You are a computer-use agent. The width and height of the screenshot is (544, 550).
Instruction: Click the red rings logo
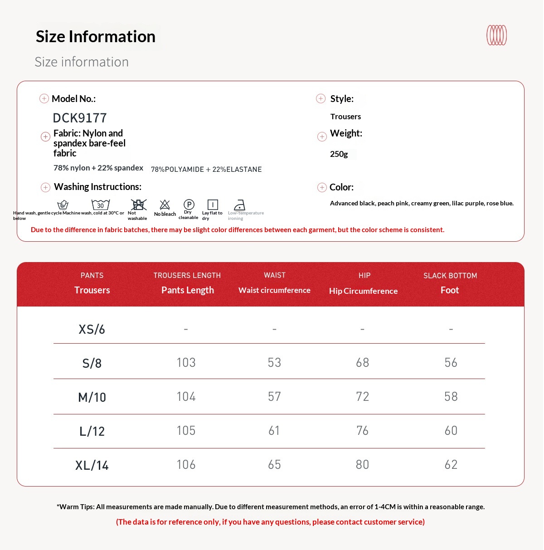click(496, 35)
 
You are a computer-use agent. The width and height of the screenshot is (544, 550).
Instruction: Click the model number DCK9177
click(80, 118)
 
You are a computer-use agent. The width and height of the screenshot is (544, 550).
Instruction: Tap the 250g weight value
click(339, 154)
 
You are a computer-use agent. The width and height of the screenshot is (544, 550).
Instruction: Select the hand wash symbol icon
click(63, 205)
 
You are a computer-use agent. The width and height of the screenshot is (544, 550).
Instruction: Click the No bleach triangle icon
click(165, 205)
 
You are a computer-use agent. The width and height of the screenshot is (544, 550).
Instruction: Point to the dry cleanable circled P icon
click(189, 204)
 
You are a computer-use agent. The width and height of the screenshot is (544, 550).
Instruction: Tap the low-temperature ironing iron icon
click(239, 205)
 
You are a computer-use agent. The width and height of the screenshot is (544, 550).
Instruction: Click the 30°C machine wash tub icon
click(101, 205)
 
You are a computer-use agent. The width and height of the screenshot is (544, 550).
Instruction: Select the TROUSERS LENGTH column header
click(187, 275)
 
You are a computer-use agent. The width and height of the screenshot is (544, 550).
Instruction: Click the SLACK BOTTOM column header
click(450, 276)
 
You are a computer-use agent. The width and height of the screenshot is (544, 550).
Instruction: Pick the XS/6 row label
click(92, 329)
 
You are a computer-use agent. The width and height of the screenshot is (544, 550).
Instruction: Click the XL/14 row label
click(92, 465)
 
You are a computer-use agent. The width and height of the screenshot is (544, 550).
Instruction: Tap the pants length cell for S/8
click(186, 363)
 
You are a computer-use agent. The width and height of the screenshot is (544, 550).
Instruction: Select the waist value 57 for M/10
click(274, 397)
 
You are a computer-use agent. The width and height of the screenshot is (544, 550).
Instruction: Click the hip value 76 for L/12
click(362, 431)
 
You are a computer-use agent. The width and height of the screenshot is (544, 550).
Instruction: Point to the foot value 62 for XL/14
click(451, 465)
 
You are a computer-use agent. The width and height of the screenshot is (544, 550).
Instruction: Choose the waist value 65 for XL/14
click(274, 465)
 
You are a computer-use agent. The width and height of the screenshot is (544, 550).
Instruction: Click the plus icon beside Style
click(321, 98)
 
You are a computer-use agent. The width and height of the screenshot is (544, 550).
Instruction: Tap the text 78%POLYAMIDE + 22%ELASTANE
click(206, 170)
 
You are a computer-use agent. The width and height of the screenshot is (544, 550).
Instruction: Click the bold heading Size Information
click(96, 37)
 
